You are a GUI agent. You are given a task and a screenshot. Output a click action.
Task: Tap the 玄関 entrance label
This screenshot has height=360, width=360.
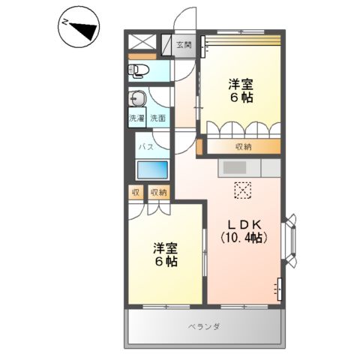(x=184, y=45)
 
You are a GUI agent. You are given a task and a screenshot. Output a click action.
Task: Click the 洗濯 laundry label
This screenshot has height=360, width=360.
(x=136, y=118)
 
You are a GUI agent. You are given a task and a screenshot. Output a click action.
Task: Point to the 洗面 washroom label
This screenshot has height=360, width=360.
(x=157, y=118)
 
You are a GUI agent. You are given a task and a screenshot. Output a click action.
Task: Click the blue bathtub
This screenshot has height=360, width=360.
(x=153, y=169)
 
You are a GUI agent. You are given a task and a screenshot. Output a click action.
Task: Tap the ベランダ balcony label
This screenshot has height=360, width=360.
(x=203, y=327)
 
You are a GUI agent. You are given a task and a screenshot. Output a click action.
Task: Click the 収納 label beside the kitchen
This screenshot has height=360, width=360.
(x=243, y=147)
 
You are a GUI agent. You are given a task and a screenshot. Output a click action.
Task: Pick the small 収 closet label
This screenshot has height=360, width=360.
(x=136, y=193)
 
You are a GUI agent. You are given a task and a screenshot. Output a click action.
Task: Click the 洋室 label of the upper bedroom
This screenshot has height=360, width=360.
(x=240, y=84)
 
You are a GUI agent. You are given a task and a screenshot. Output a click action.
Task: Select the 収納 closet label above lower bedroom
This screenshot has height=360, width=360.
(x=158, y=193)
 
